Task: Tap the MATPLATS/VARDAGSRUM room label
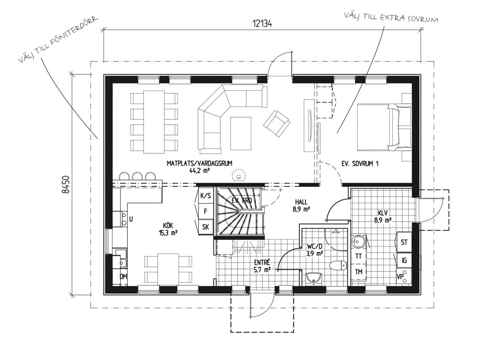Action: coord(199,163)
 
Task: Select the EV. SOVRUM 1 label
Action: coord(360,164)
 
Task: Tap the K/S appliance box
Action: coord(205,196)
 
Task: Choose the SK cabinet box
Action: coord(206,227)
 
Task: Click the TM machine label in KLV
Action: coord(359,272)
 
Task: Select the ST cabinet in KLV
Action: coord(404,242)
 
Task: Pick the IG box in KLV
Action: coord(404,260)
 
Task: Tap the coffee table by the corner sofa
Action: coord(241,134)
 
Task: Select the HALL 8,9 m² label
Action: coord(301,205)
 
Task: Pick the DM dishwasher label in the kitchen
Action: coord(123,276)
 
